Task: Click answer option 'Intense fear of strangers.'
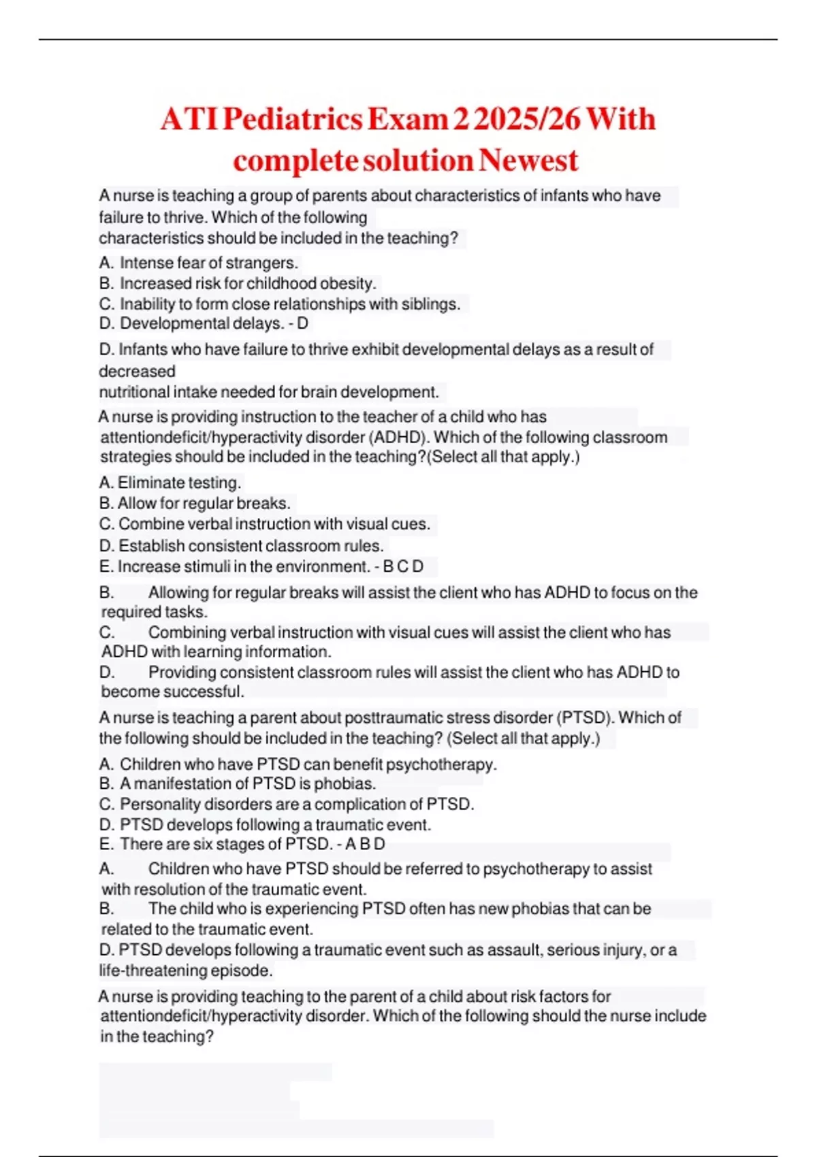[x=208, y=263]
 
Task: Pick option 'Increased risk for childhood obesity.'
[x=247, y=283]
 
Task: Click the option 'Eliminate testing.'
[x=179, y=483]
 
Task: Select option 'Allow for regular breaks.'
[x=204, y=503]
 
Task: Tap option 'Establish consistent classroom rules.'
[x=251, y=546]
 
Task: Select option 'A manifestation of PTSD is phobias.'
[x=247, y=783]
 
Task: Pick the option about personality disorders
[x=296, y=804]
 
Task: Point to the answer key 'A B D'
[x=365, y=844]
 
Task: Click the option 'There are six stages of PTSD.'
[x=225, y=844]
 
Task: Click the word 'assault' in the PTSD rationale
[x=516, y=949]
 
